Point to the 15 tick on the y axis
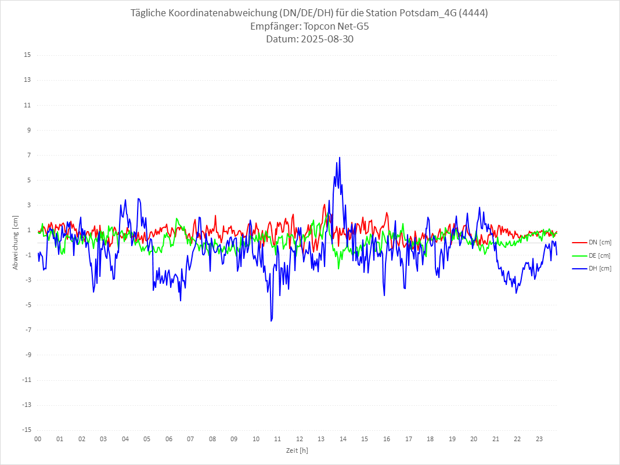coord(27,55)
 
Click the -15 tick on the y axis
coord(26,430)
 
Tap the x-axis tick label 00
coord(38,439)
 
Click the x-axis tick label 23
coord(539,439)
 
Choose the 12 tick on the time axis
coord(300,439)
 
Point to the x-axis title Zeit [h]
coord(297,450)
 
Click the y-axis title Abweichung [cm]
coord(16,243)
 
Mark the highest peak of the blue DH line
coord(340,157)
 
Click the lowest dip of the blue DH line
coord(271,320)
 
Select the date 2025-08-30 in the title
coord(326,39)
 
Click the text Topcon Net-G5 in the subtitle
coord(336,27)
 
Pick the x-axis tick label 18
coord(430,439)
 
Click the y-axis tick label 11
coord(27,105)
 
